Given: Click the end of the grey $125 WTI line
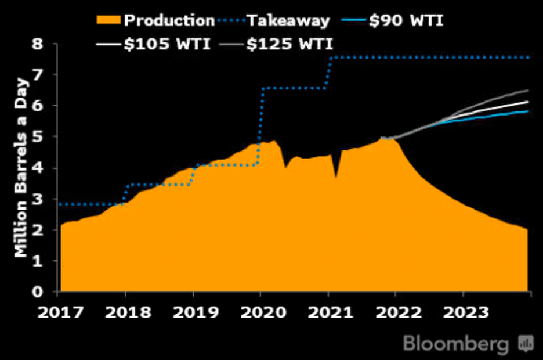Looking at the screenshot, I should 528,90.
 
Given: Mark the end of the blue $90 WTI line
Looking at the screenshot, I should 528,111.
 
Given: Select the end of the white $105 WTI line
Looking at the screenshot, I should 528,102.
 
